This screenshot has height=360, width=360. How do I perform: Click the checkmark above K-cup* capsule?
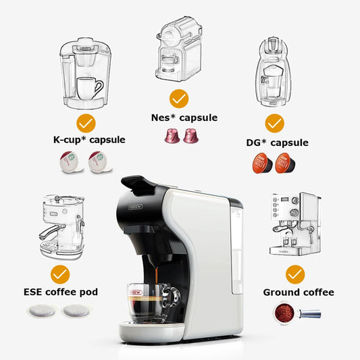[x=86, y=123]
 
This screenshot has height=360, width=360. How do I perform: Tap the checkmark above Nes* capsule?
[x=178, y=99]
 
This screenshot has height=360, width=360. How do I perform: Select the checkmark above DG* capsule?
[x=274, y=124]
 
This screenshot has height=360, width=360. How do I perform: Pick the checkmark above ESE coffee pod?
[x=61, y=274]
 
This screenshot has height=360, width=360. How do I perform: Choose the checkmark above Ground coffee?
[x=294, y=274]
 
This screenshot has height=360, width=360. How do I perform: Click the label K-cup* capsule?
[x=89, y=140]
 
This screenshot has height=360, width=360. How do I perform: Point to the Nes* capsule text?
[x=184, y=118]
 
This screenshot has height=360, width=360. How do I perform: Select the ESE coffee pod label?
[x=61, y=292]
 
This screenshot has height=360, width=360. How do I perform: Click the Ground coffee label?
[x=299, y=292]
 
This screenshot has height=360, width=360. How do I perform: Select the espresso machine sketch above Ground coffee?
[x=295, y=226]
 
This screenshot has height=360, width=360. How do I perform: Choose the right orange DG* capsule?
[x=284, y=163]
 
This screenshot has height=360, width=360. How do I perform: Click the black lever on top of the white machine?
[x=138, y=183]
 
